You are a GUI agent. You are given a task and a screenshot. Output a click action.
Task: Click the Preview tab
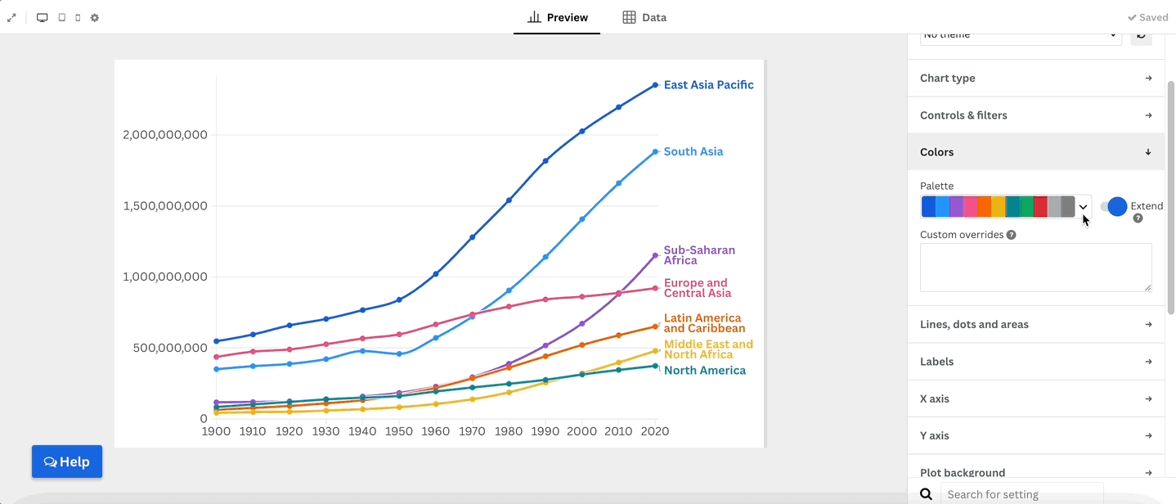click(x=558, y=17)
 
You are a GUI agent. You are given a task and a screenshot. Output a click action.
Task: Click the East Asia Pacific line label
click(x=708, y=85)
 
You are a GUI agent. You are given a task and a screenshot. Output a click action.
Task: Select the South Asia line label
click(x=693, y=151)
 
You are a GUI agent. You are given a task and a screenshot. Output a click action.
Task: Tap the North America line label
click(x=704, y=371)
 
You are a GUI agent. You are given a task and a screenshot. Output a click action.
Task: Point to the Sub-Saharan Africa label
click(x=698, y=255)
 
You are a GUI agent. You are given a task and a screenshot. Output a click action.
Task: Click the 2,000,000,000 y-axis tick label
click(x=164, y=135)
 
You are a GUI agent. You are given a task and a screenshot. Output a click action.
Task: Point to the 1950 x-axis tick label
click(x=399, y=431)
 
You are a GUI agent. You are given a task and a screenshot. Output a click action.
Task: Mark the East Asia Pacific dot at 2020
click(x=655, y=85)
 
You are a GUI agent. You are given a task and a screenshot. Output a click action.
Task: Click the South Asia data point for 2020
click(x=655, y=151)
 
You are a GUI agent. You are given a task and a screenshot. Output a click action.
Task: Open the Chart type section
click(x=1035, y=79)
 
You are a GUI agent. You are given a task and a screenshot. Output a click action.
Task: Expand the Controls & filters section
click(x=1035, y=115)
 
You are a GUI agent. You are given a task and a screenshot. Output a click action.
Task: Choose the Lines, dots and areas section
click(x=1035, y=325)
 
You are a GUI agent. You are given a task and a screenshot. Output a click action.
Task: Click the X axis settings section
click(x=1035, y=399)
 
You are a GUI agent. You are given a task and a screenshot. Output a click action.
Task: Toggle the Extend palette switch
click(x=1114, y=207)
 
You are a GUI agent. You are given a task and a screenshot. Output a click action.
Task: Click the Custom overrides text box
click(x=1035, y=268)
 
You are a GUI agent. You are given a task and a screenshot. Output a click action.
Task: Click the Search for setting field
click(x=1021, y=494)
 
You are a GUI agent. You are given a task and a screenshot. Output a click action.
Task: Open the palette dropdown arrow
click(x=1084, y=207)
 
